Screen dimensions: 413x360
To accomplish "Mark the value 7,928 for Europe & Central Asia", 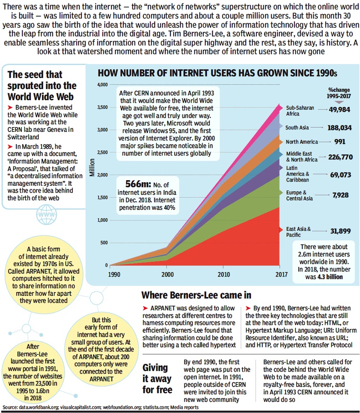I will (x=340, y=195).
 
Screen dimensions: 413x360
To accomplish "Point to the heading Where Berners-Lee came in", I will (x=196, y=295).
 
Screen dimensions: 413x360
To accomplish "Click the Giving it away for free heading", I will (x=158, y=378).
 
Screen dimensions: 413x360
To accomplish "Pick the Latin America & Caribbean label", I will (x=298, y=174).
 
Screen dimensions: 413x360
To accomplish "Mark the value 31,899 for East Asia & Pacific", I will (x=340, y=231).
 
